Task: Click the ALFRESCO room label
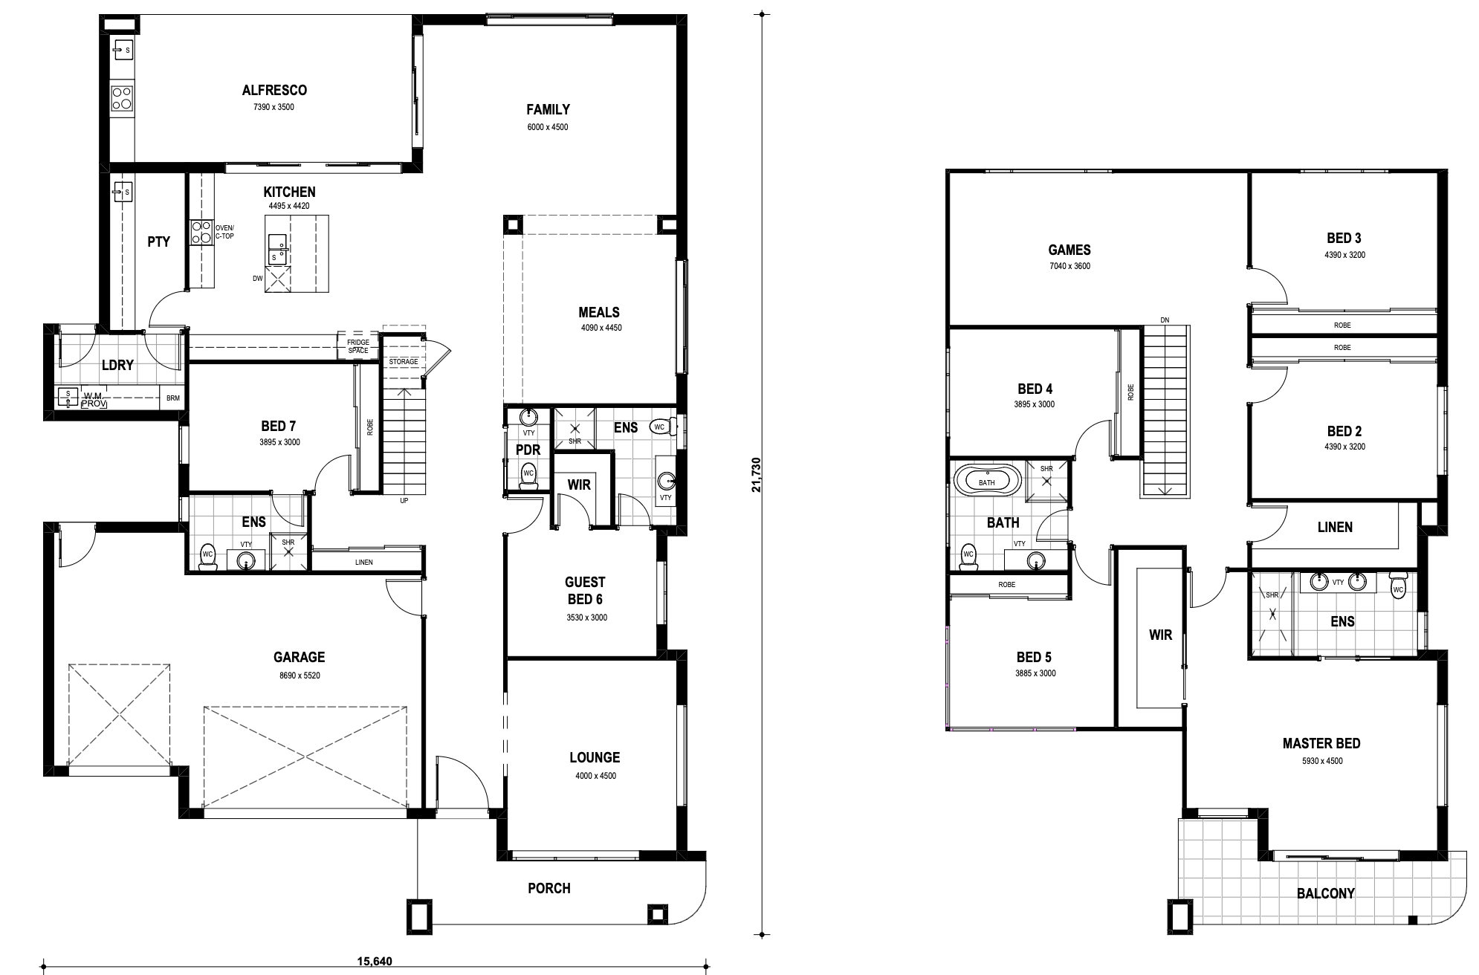(274, 91)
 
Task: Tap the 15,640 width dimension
(375, 962)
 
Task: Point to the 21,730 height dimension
(756, 474)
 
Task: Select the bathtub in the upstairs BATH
(986, 481)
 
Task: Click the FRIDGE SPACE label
(358, 346)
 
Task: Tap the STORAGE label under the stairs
(404, 362)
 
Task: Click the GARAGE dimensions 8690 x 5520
(299, 676)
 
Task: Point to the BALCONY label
(1326, 893)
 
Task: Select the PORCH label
(549, 888)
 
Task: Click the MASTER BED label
(1321, 743)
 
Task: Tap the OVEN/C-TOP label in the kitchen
(224, 231)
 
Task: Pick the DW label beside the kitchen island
(257, 279)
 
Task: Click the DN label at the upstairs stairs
(1165, 320)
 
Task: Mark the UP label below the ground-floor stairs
(404, 501)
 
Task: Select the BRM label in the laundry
(173, 398)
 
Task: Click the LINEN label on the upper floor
(1335, 527)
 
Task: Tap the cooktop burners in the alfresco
(123, 97)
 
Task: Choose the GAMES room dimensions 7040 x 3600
(1069, 266)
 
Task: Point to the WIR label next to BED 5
(1160, 635)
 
